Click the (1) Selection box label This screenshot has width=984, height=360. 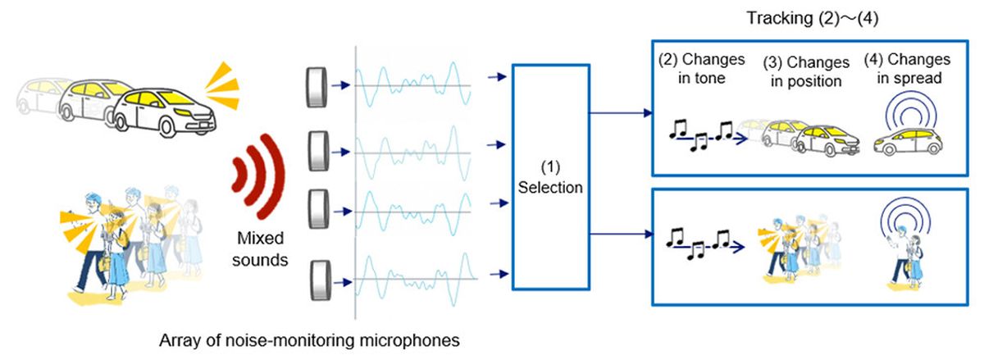tap(551, 178)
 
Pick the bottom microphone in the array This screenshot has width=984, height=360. tap(316, 280)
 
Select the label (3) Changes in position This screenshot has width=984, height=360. tap(805, 72)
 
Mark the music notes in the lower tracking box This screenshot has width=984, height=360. tap(699, 242)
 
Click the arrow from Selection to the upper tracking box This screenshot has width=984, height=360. tap(620, 115)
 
